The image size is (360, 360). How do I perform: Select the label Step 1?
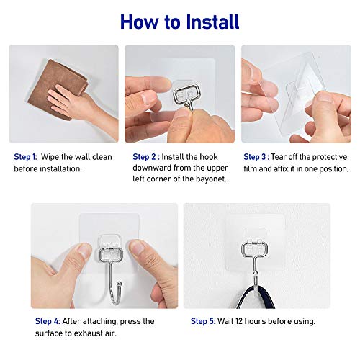[x=24, y=156]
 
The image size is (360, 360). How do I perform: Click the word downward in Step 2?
[x=151, y=168]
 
